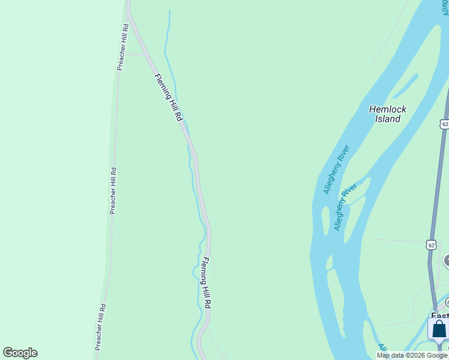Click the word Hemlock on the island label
pyautogui.click(x=388, y=109)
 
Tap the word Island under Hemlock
pyautogui.click(x=388, y=119)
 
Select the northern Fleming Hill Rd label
pyautogui.click(x=168, y=98)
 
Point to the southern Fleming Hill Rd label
pyautogui.click(x=206, y=283)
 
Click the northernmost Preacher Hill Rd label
pyautogui.click(x=123, y=47)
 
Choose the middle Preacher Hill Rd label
pyautogui.click(x=113, y=191)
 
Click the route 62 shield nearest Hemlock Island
pyautogui.click(x=444, y=124)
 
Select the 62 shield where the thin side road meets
pyautogui.click(x=431, y=245)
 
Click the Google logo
pyautogui.click(x=20, y=353)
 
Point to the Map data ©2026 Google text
pyautogui.click(x=412, y=355)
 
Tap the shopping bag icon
pyautogui.click(x=439, y=329)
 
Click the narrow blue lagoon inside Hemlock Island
pyautogui.click(x=405, y=86)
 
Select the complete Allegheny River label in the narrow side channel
pyautogui.click(x=345, y=207)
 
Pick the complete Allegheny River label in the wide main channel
pyautogui.click(x=336, y=169)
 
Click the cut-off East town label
pyautogui.click(x=439, y=316)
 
